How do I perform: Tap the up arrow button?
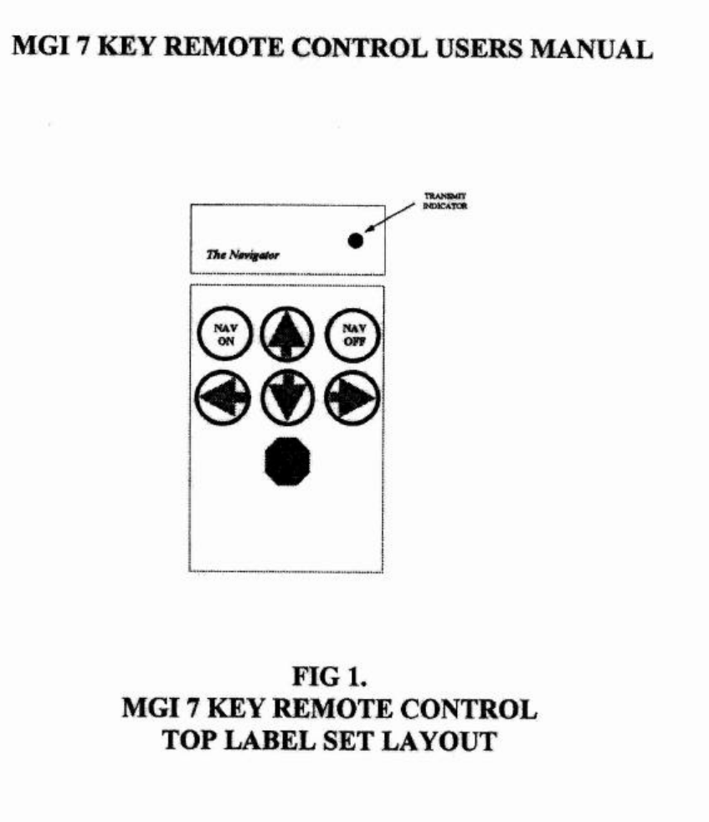point(287,336)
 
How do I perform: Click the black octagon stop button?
point(287,460)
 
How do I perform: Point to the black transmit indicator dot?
point(356,240)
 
